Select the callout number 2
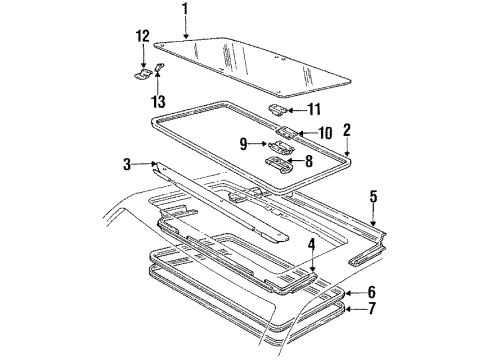(x=346, y=129)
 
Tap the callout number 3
(x=127, y=163)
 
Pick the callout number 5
(x=372, y=196)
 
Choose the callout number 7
(x=372, y=310)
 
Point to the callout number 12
(x=142, y=36)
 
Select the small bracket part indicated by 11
(x=278, y=108)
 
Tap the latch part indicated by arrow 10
(x=286, y=132)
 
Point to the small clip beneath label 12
(x=142, y=72)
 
